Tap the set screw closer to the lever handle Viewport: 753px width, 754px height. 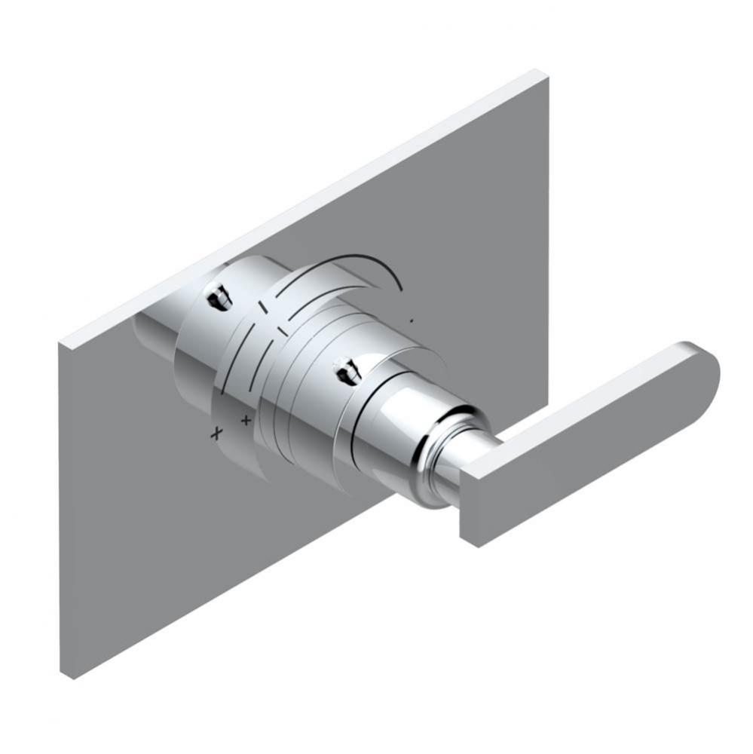(x=347, y=369)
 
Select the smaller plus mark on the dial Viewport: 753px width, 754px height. (x=245, y=418)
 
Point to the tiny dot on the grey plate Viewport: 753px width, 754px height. (x=412, y=322)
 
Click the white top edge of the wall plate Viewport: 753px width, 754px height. (x=302, y=211)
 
